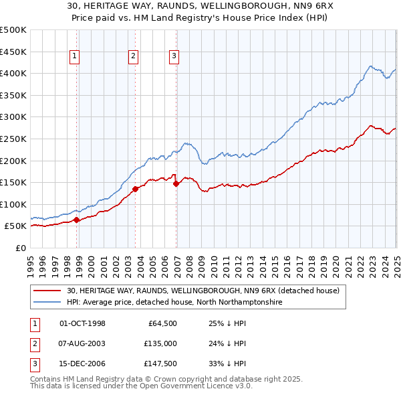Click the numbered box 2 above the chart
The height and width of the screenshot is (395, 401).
133,57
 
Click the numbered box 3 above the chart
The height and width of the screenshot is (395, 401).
173,57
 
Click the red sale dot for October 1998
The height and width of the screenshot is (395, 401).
77,220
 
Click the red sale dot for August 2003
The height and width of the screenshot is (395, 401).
135,189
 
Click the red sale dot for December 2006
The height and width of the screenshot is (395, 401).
176,183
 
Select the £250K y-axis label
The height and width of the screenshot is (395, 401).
13,139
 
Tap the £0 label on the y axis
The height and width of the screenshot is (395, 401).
20,248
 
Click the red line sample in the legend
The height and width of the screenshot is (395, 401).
46,291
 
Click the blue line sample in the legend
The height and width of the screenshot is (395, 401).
46,303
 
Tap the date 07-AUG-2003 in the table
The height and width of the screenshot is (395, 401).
83,343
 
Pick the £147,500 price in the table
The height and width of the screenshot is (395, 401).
160,364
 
